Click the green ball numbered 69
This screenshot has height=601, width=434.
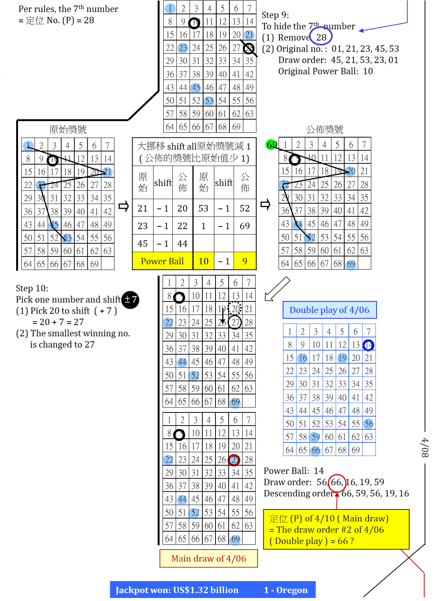[271, 145]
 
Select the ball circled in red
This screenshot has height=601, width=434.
[234, 460]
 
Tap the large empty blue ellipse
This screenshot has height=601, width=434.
[320, 36]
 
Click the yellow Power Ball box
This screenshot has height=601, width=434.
[162, 261]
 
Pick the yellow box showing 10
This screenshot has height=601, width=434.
[203, 261]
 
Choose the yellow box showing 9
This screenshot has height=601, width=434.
[245, 261]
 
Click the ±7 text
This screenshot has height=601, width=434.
[131, 299]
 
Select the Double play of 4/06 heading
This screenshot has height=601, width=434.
[329, 310]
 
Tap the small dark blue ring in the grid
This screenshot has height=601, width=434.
[369, 345]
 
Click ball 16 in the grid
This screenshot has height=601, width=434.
[302, 358]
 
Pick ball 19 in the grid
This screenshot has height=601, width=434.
[342, 358]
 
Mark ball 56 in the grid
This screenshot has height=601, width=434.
[369, 424]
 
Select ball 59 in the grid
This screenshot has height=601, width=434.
[314, 437]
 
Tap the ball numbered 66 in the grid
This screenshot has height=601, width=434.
[316, 450]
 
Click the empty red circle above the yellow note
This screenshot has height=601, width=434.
[337, 483]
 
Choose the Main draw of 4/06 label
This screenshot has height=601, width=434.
[208, 559]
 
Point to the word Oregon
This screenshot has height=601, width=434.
[292, 590]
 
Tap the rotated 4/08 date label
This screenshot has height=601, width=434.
[425, 447]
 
